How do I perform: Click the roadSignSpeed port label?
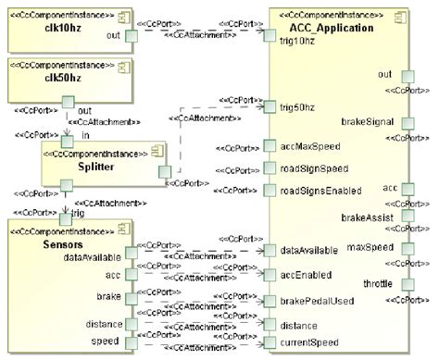pyautogui.click(x=313, y=168)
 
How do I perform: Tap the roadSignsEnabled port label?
pyautogui.click(x=320, y=190)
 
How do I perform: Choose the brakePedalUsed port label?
pyautogui.click(x=315, y=301)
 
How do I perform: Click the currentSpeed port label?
pyautogui.click(x=308, y=343)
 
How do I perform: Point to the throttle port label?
pyautogui.click(x=378, y=282)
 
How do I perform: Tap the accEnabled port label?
pyautogui.click(x=307, y=275)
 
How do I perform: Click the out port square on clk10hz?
pyautogui.click(x=131, y=35)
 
